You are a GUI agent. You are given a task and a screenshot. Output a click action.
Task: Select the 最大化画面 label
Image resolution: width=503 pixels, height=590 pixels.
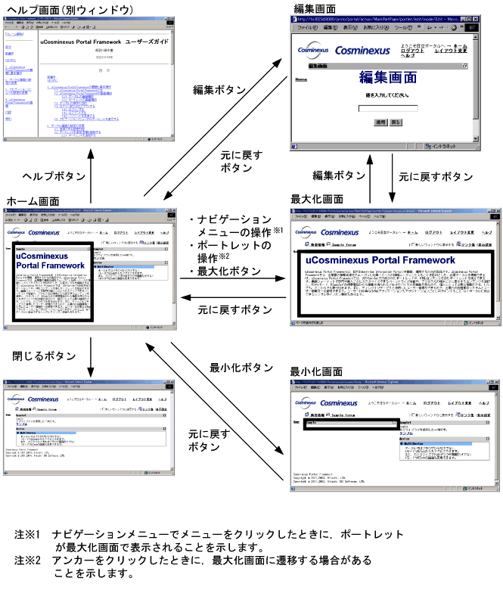tap(317, 199)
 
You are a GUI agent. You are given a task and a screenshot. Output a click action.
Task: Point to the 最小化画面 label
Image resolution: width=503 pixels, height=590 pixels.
tap(317, 372)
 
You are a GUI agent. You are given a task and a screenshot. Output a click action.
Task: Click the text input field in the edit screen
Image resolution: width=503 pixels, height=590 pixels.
tap(388, 109)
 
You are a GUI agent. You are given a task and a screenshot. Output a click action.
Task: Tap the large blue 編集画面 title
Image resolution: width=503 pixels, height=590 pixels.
tap(387, 77)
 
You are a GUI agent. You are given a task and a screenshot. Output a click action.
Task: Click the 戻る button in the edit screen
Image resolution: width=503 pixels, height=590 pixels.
tap(396, 122)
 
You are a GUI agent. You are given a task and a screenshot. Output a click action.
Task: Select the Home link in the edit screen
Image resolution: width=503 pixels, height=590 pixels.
tap(300, 79)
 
